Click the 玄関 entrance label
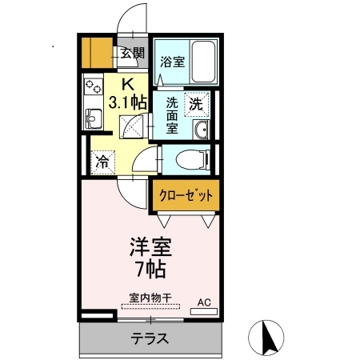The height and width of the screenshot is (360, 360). [x=132, y=54]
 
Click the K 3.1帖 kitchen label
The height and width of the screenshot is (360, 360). [x=127, y=92]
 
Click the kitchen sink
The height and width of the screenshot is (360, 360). [x=91, y=119]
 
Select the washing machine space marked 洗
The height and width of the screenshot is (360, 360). [x=197, y=102]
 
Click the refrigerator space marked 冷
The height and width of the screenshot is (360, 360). [x=103, y=161]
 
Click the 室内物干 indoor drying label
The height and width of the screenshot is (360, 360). [x=145, y=297]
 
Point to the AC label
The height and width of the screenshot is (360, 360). [x=204, y=302]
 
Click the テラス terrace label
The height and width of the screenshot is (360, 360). [x=150, y=338]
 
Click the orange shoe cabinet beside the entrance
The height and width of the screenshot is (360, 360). [x=99, y=53]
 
